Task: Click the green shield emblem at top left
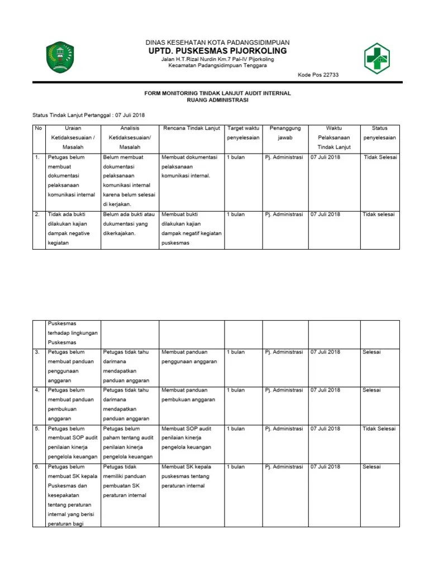(x=59, y=57)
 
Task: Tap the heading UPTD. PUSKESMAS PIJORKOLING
(x=217, y=51)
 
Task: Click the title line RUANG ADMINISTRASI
(x=217, y=101)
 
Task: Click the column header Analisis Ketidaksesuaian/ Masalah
(x=129, y=137)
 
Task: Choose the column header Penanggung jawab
(x=285, y=133)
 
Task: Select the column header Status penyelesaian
(x=379, y=133)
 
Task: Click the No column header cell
(x=39, y=128)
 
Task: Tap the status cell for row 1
(x=380, y=158)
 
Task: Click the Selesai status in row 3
(x=371, y=352)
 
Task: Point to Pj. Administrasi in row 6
(x=284, y=467)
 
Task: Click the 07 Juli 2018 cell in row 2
(x=325, y=214)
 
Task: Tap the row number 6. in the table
(x=37, y=467)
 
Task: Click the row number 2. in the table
(x=37, y=214)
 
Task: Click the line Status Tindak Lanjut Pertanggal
(x=88, y=115)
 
